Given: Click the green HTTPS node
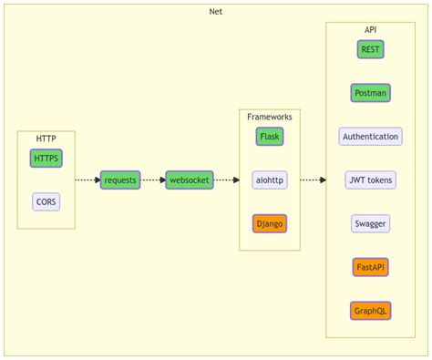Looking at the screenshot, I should pos(46,159).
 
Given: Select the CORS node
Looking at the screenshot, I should pos(46,201).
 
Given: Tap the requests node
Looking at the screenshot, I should pos(120,180).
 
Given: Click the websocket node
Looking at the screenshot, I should pos(190,180).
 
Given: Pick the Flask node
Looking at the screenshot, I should pos(269,137).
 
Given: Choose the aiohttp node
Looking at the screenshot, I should pos(269,180).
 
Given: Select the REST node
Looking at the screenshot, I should pos(371,49).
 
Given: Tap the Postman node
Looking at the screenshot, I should pos(371,93).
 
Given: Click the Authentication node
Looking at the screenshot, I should pos(371,137).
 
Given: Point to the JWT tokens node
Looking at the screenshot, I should pos(371,180).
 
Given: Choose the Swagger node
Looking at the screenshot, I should pos(371,223).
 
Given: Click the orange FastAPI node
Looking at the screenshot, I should pos(371,267).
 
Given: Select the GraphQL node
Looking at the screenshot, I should pos(371,311).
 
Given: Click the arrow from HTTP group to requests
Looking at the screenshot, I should pos(87,180).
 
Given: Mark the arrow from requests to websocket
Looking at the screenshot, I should pos(153,180).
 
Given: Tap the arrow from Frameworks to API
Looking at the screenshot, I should pos(313,180).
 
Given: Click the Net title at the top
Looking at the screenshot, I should pos(215,11).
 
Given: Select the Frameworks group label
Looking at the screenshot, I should pos(269,117).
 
